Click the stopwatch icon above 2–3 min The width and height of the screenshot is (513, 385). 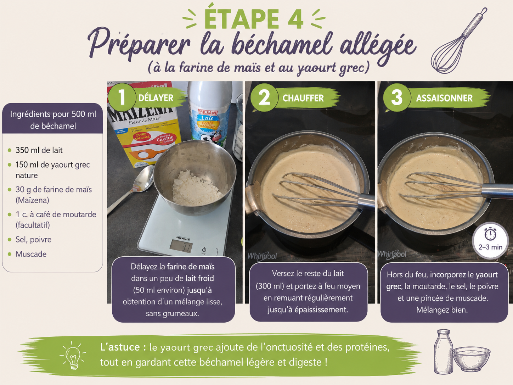pos(490,234)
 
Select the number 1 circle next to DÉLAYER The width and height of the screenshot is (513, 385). pos(122,97)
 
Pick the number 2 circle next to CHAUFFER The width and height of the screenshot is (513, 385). pos(264,97)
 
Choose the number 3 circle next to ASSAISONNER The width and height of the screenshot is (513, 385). pos(397,97)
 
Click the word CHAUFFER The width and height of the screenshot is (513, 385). pos(303,98)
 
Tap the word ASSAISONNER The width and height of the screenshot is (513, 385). pos(444,98)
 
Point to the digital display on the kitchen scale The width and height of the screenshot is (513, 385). pos(181,246)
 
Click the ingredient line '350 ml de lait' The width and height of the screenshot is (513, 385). pos(39,150)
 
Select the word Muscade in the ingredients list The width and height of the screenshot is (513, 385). pos(31,254)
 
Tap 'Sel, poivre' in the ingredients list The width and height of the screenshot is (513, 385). pos(33,239)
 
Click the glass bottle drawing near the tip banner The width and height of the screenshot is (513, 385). pos(443,352)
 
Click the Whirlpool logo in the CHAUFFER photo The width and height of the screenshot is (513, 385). pos(262,256)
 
